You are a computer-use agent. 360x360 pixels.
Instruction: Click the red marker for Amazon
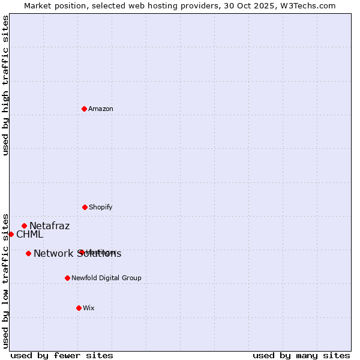pyautogui.click(x=84, y=109)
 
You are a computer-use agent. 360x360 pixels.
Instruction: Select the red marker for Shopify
pyautogui.click(x=85, y=207)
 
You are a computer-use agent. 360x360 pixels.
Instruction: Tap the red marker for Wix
pyautogui.click(x=79, y=308)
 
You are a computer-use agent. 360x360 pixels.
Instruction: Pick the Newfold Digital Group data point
pyautogui.click(x=67, y=278)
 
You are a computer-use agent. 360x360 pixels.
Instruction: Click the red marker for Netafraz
pyautogui.click(x=24, y=226)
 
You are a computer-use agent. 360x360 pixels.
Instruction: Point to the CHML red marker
pyautogui.click(x=11, y=234)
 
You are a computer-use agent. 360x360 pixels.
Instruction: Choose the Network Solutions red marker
pyautogui.click(x=28, y=253)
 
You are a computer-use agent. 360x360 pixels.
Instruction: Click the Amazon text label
pyautogui.click(x=101, y=109)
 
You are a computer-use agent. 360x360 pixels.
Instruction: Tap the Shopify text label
pyautogui.click(x=101, y=207)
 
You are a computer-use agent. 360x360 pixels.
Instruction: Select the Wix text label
pyautogui.click(x=89, y=308)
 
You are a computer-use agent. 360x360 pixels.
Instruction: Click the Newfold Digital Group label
pyautogui.click(x=106, y=278)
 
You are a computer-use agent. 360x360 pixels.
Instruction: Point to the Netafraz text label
pyautogui.click(x=50, y=226)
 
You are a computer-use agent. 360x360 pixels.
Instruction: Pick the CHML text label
pyautogui.click(x=30, y=235)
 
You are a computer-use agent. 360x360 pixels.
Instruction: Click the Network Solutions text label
pyautogui.click(x=77, y=254)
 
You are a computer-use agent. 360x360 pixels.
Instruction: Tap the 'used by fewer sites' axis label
pyautogui.click(x=62, y=355)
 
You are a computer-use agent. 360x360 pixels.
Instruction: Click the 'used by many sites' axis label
pyautogui.click(x=301, y=355)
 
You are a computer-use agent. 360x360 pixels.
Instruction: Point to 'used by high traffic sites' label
pyautogui.click(x=6, y=85)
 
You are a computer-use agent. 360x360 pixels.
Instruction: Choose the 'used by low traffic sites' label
pyautogui.click(x=6, y=280)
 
